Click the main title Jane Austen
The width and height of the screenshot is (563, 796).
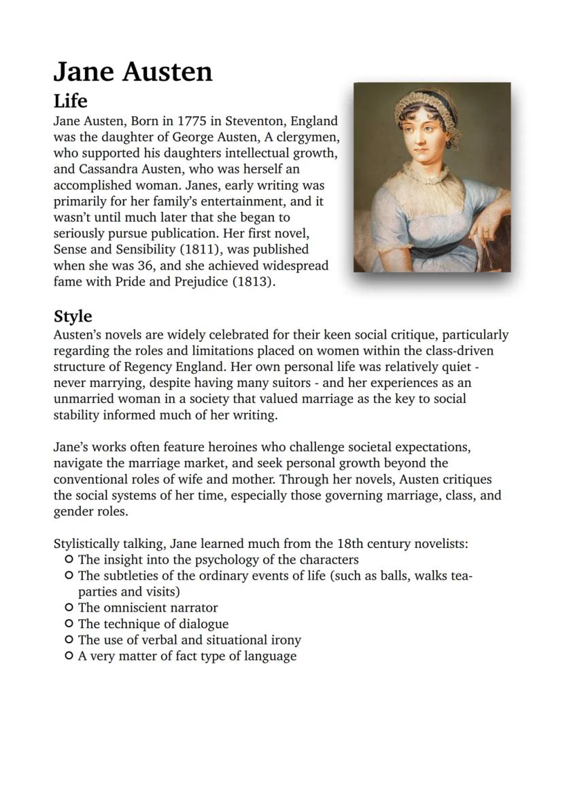133,71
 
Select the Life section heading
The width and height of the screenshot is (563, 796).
70,101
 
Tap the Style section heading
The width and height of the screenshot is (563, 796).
73,317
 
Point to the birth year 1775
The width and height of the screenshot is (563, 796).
194,122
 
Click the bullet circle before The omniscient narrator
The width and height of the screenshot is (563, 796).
69,608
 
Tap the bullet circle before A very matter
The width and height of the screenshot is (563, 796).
69,656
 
